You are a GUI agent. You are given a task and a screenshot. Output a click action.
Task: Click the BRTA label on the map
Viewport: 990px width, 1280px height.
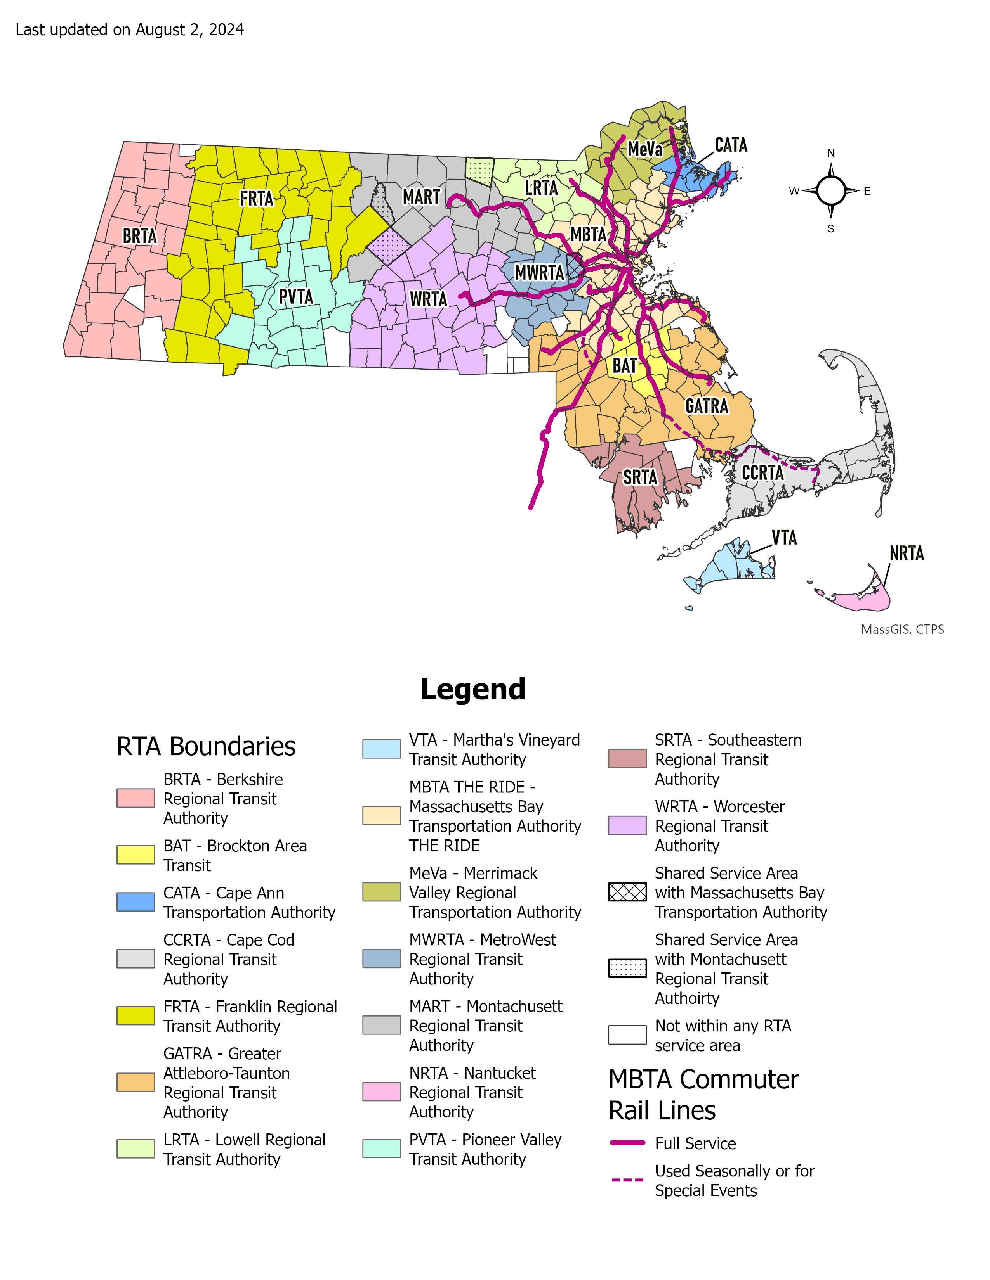140,236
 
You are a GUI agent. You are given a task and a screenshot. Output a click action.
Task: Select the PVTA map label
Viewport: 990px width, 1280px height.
295,297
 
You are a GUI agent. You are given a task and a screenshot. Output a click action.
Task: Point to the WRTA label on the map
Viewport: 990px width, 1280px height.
428,299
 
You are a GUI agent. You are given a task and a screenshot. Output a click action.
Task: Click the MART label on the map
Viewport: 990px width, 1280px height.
421,197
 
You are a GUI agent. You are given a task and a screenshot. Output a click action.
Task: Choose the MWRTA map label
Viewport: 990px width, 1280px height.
539,273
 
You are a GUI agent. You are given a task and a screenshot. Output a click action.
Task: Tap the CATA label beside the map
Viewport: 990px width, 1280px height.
731,145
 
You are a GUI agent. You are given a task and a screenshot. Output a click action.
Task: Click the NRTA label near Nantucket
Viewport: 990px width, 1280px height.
906,553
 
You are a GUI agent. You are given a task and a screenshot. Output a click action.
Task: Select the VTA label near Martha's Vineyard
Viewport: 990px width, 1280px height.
784,538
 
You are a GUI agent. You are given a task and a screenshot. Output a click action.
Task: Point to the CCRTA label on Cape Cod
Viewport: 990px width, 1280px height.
762,473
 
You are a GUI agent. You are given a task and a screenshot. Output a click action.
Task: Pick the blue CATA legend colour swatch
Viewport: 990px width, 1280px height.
135,902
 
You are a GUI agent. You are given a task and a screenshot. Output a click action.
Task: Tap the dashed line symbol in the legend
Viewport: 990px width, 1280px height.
627,1179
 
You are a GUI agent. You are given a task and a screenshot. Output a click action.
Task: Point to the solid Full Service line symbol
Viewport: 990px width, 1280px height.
627,1143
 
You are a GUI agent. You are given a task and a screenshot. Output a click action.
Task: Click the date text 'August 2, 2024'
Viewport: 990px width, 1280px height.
189,30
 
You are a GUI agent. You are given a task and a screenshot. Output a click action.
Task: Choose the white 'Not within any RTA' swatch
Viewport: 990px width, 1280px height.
627,1035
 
